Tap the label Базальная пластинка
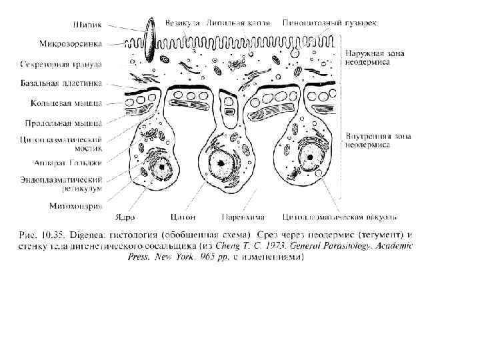pyautogui.click(x=69, y=85)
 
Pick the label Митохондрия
pyautogui.click(x=76, y=206)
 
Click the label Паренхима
pyautogui.click(x=243, y=217)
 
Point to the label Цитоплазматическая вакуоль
pyautogui.click(x=341, y=217)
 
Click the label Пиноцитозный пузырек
pyautogui.click(x=329, y=22)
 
